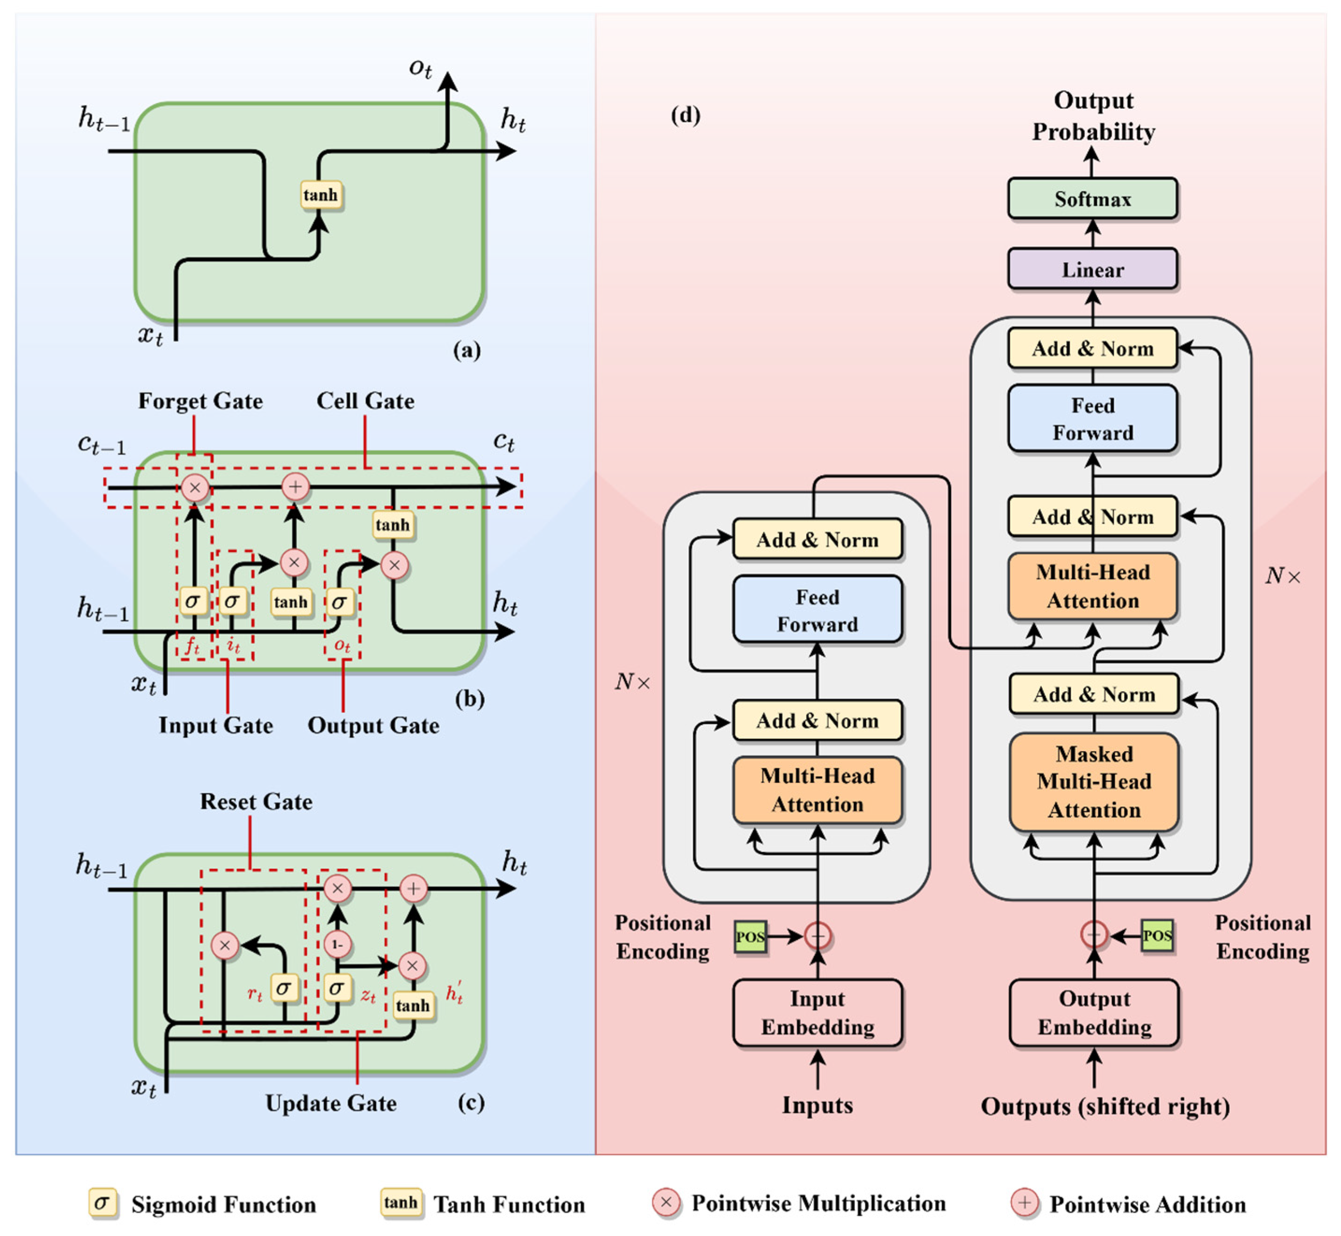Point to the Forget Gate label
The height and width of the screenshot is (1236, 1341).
click(x=200, y=401)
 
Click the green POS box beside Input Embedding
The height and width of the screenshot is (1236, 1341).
click(x=750, y=937)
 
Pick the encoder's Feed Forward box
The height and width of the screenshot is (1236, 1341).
click(x=817, y=610)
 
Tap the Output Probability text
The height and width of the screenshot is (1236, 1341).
click(x=1093, y=116)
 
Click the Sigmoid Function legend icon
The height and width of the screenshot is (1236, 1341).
click(x=102, y=1203)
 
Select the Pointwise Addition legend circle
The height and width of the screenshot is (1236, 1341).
click(x=1024, y=1202)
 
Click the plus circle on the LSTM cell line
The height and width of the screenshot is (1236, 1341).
click(x=295, y=486)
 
